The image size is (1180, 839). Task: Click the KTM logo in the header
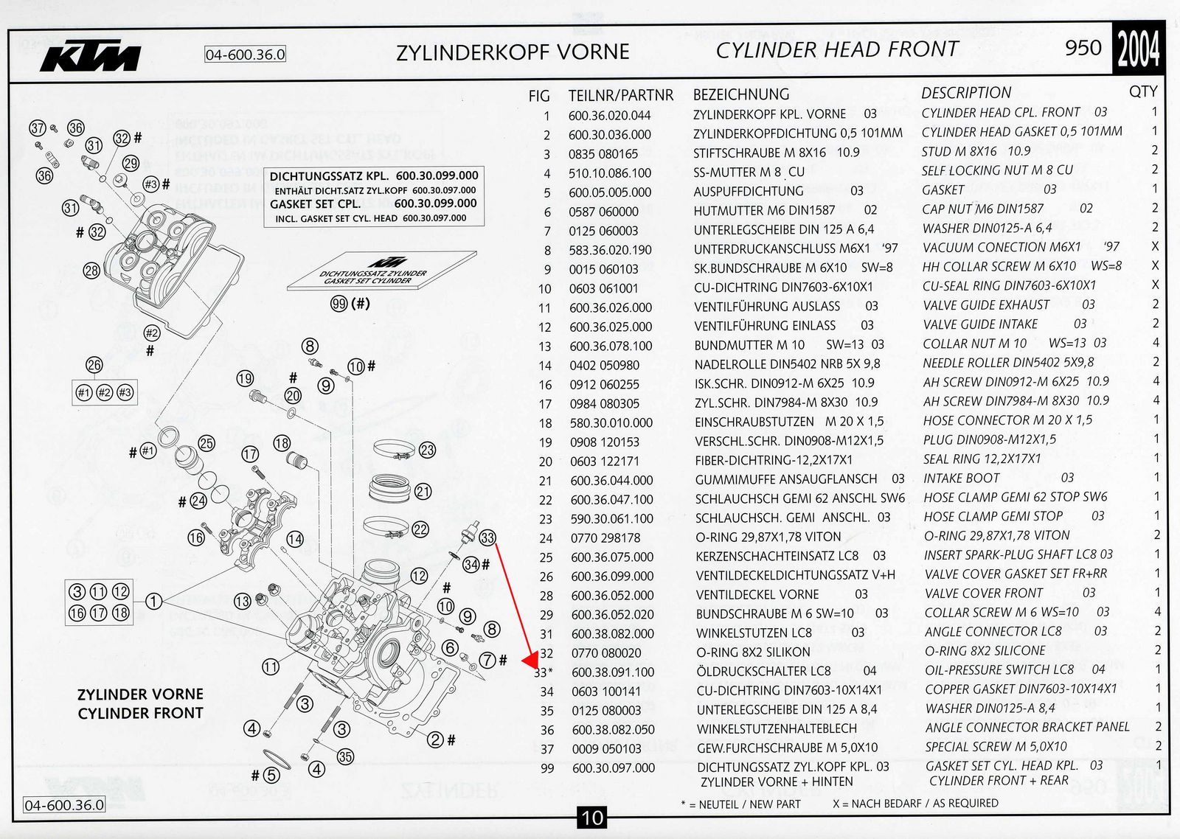(x=91, y=56)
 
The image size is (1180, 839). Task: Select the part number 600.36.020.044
(x=609, y=115)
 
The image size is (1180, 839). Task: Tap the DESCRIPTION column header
(x=966, y=93)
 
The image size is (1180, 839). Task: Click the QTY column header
(x=1142, y=91)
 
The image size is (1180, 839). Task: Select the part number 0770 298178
(x=605, y=537)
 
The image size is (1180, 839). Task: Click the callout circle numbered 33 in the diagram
(x=487, y=537)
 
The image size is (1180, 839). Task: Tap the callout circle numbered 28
(x=91, y=271)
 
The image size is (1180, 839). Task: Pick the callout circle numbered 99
(x=339, y=304)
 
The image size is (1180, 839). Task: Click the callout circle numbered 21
(x=423, y=492)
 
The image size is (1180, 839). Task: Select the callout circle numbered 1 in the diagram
(x=153, y=602)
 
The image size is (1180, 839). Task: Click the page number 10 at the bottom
(x=592, y=817)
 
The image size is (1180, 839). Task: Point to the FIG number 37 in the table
(x=546, y=748)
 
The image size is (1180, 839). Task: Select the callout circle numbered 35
(x=345, y=756)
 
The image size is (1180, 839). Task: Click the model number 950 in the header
(x=1083, y=48)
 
